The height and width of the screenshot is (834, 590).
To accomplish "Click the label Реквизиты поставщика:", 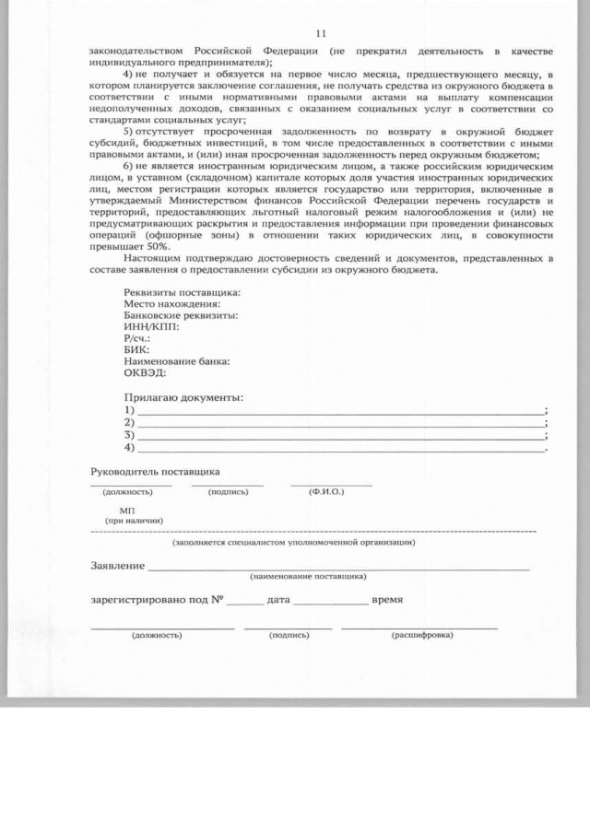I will pyautogui.click(x=182, y=293).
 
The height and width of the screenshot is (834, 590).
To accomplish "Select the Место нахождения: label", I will pyautogui.click(x=171, y=304).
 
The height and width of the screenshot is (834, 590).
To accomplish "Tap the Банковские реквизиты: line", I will pyautogui.click(x=181, y=315).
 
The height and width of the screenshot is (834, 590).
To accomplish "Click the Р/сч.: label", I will pyautogui.click(x=137, y=338).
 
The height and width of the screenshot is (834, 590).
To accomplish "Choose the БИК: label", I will pyautogui.click(x=136, y=350).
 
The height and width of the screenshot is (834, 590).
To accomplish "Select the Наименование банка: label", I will pyautogui.click(x=176, y=361).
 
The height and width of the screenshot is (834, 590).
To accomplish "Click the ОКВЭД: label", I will pyautogui.click(x=145, y=372).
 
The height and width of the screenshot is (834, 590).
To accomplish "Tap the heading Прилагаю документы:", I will pyautogui.click(x=183, y=397).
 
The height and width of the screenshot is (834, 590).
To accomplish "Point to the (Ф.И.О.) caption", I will pyautogui.click(x=327, y=491).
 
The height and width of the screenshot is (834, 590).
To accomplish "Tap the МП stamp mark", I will pyautogui.click(x=127, y=510).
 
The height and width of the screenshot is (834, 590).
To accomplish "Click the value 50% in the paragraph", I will pyautogui.click(x=130, y=246).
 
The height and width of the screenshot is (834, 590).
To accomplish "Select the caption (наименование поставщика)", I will pyautogui.click(x=308, y=576).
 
